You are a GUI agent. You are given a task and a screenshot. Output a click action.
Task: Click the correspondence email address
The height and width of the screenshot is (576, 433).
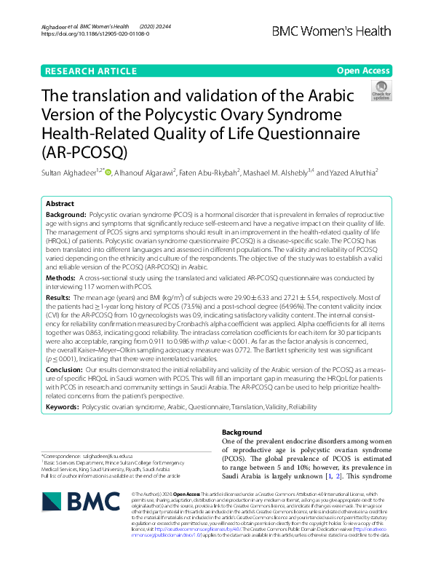pyautogui.click(x=113, y=457)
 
